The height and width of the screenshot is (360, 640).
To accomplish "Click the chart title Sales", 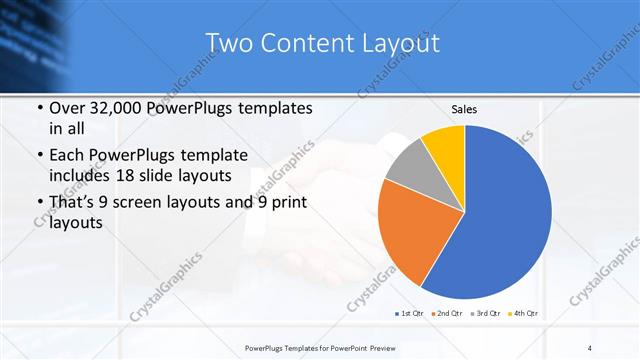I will point(464,108).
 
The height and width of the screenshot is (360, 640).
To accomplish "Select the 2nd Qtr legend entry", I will point(446,314).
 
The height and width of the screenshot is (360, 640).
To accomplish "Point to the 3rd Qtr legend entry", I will point(486,314).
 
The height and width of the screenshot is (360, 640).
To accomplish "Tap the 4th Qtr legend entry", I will point(525,314).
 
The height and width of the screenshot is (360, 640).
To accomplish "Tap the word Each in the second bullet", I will point(67,155).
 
